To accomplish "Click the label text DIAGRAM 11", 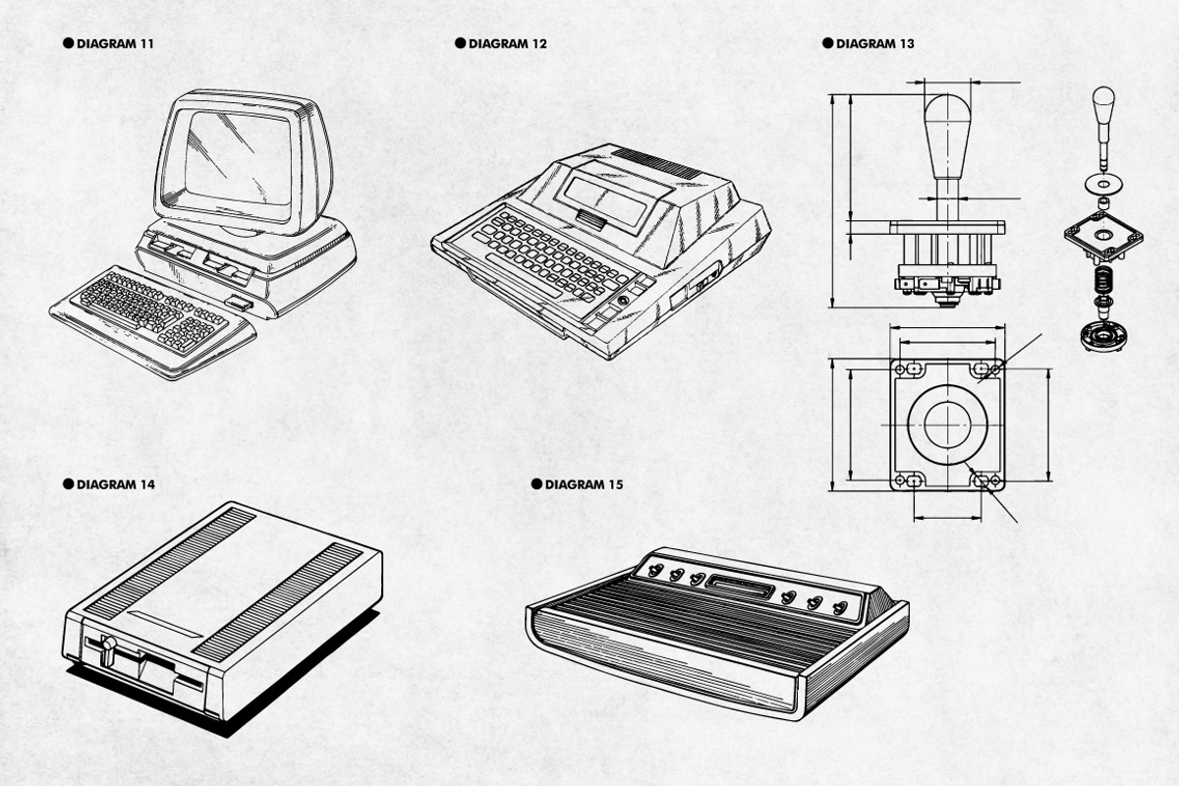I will (x=114, y=44).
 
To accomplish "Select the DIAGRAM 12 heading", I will (x=507, y=44).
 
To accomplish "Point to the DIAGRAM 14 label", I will (x=115, y=484).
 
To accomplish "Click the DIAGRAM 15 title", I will (x=584, y=484).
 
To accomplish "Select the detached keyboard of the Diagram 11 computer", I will (x=152, y=316).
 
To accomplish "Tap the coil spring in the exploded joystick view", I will (x=1104, y=279).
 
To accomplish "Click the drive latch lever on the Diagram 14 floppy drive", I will (x=109, y=647).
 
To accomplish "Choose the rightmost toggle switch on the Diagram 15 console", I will (x=840, y=607).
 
